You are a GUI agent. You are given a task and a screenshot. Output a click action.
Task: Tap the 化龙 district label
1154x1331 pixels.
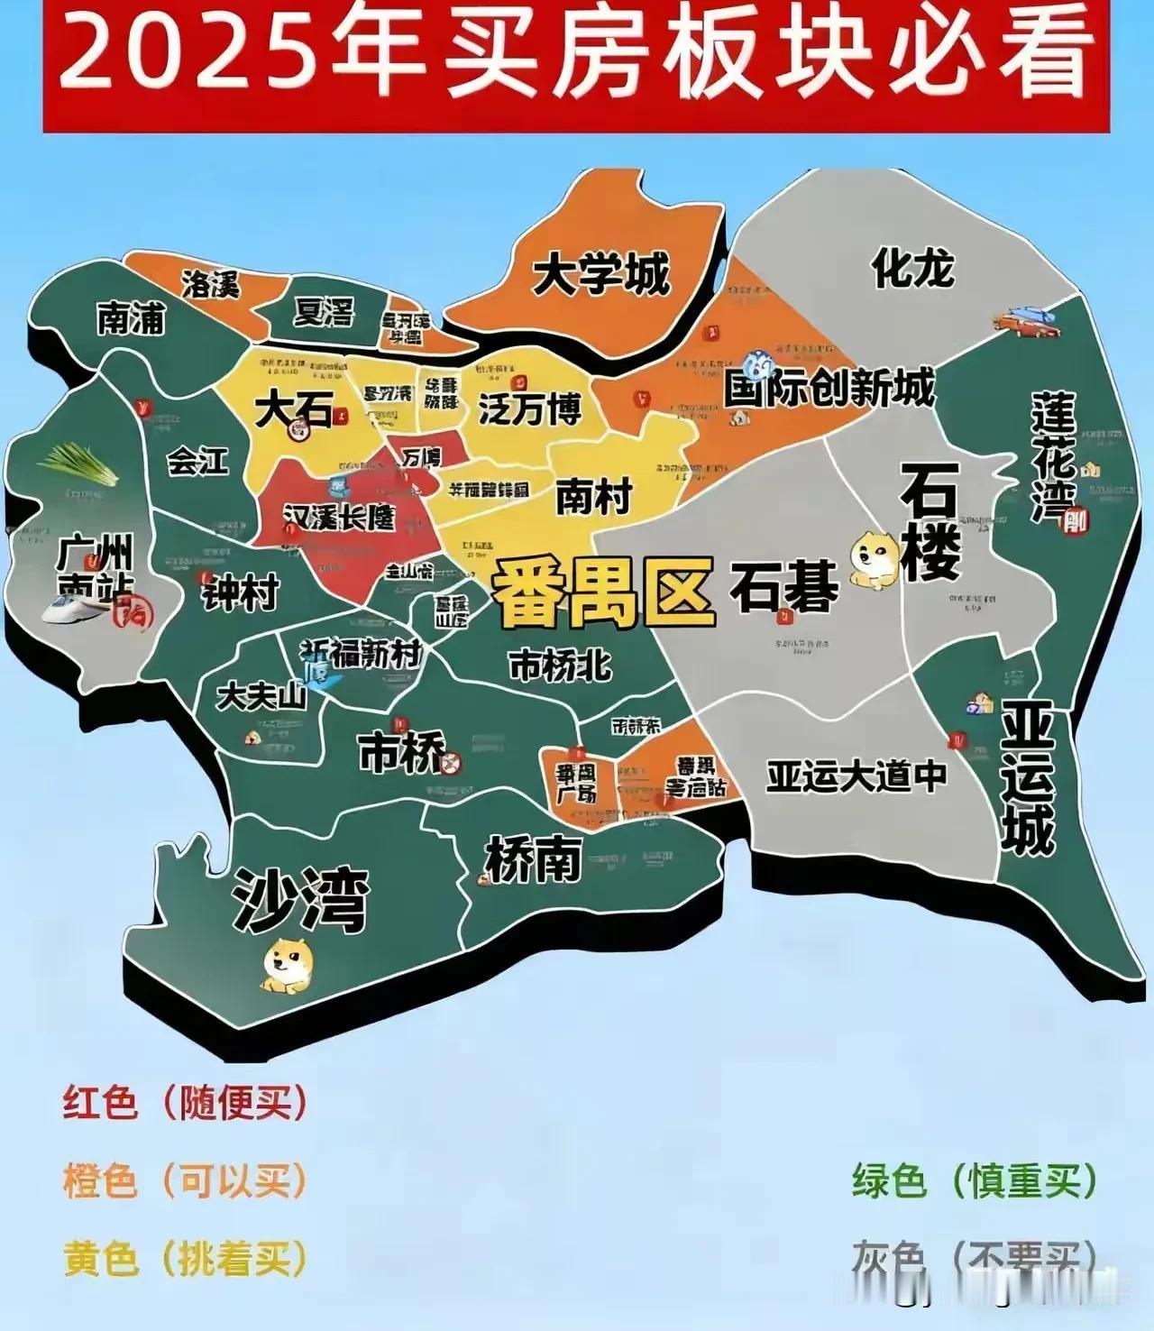tap(912, 268)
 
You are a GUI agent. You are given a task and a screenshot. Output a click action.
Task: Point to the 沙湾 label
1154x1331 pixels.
tap(301, 899)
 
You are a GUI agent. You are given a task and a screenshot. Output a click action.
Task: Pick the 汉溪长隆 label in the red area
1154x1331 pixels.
tap(326, 517)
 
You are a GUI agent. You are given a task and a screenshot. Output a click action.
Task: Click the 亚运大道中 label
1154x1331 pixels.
tap(856, 776)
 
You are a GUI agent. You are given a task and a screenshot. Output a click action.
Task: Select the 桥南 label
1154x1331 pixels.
tap(532, 859)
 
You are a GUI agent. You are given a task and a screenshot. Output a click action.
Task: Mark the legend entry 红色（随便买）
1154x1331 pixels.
tap(186, 1102)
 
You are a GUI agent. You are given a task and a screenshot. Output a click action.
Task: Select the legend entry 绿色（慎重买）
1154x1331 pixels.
tap(974, 1180)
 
